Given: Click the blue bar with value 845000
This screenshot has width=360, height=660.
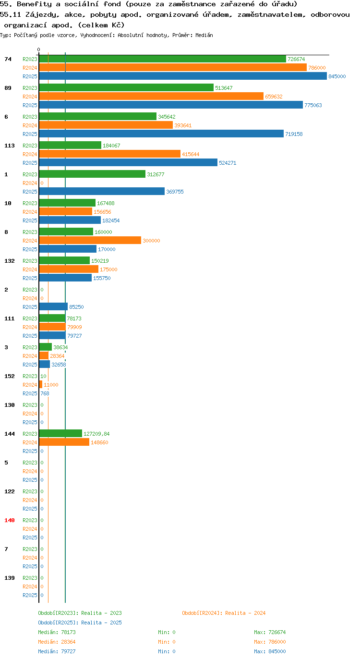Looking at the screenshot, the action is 183,76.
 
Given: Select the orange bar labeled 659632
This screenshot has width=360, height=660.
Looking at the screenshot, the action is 151,97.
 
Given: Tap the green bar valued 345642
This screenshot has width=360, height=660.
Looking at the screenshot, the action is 98,117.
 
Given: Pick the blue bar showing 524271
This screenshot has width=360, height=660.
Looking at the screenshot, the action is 128,163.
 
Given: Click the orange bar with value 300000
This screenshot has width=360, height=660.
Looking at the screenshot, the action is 90,241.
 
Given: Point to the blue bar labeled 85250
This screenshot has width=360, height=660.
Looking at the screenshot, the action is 53,307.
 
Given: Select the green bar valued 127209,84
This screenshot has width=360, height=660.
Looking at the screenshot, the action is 60,433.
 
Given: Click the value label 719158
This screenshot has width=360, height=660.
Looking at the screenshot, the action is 294,134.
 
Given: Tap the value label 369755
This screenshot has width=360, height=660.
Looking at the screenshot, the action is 175,192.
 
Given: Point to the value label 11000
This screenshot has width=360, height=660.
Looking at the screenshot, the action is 51,385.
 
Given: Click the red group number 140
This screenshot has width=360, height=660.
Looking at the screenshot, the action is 10,520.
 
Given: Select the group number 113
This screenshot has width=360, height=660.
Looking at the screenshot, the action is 10,146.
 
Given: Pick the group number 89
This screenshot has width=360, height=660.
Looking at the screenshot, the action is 8,88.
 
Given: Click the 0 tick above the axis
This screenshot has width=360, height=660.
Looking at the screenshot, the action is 38,49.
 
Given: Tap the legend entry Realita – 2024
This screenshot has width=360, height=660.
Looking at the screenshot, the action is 224,613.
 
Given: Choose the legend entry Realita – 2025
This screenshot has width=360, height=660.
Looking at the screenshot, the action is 80,623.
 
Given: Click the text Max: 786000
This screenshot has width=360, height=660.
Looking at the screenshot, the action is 270,642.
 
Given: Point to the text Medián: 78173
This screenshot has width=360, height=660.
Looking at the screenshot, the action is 57,632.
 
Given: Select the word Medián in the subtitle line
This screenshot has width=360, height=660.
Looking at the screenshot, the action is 204,35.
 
